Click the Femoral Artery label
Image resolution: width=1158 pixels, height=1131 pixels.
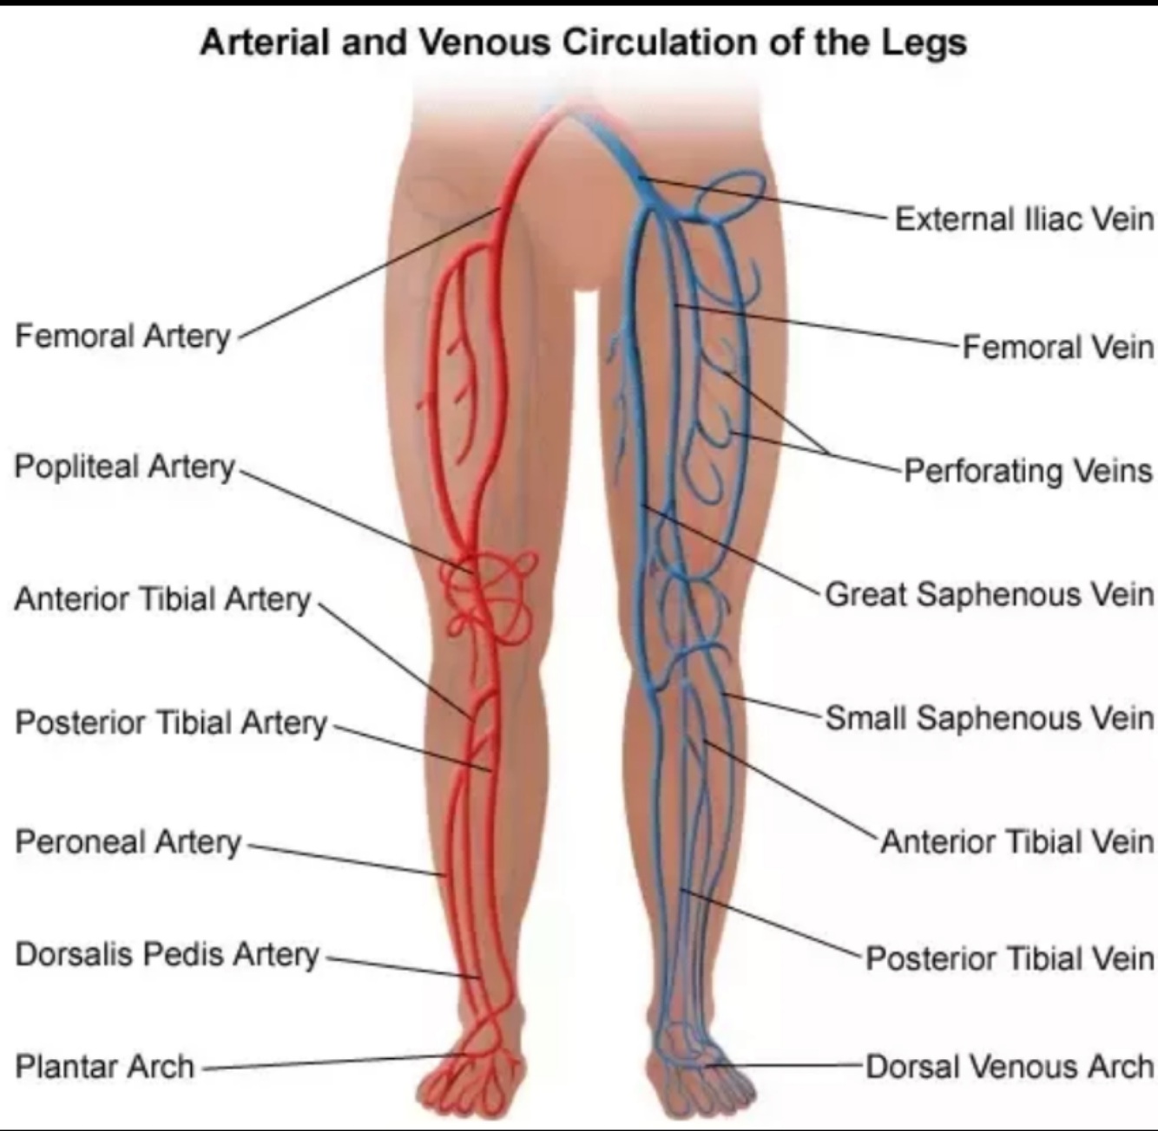pos(122,336)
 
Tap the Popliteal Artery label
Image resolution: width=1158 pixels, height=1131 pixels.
pos(124,467)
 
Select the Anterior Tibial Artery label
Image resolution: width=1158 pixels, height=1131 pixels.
pos(162,598)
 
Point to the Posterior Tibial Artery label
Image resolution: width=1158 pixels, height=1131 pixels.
pos(171,722)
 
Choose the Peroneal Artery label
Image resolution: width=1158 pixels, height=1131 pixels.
pos(128,841)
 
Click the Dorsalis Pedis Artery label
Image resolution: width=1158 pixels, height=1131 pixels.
pos(168,954)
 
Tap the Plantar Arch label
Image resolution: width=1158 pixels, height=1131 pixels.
pos(104,1066)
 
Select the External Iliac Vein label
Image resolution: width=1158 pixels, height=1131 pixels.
pos(1024,219)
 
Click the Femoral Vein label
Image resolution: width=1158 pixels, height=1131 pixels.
pos(1058,347)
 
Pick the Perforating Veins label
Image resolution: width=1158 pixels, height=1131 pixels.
pos(1029,471)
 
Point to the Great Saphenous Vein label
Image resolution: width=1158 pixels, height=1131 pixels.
pos(990,594)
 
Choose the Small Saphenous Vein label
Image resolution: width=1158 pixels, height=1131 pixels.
pos(990,718)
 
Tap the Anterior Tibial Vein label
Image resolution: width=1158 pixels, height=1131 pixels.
pos(1017,841)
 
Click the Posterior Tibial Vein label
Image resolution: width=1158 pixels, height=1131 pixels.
pos(1010,958)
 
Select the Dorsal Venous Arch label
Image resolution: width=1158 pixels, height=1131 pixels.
pos(1010,1066)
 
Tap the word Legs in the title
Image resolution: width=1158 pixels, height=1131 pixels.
pos(924,42)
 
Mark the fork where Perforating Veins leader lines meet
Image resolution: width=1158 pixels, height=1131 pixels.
pos(827,453)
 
